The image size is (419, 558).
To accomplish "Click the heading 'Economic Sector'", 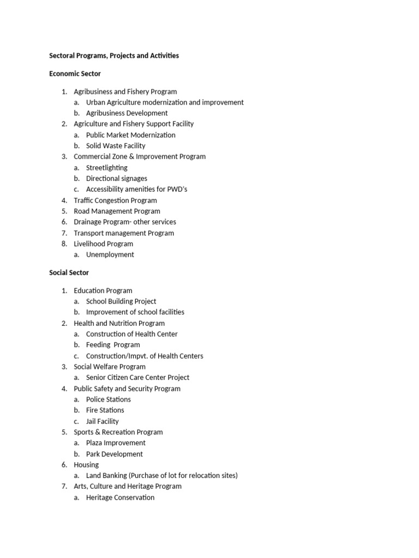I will pos(75,74).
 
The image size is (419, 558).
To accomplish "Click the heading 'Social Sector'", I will pos(69,272).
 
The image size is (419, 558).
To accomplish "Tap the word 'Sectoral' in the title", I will pos(63,56).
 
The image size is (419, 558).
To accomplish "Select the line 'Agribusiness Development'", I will pos(127,113).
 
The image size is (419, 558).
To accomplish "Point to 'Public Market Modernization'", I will pos(130,135).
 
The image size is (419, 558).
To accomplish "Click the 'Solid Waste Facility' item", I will pos(116,145).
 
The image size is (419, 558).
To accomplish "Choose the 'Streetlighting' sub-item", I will pos(106,167).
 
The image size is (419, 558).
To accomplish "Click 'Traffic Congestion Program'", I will pos(115,200).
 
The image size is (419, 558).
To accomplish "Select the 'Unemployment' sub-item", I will pos(110,254).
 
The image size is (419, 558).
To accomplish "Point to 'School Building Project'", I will pos(121,301).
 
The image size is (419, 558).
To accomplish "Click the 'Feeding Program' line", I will pos(113,344).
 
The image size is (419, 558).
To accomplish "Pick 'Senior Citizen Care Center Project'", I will pos(137,377).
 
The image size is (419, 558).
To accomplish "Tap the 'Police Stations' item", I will pos(109,399).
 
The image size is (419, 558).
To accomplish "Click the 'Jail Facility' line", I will pos(102,421).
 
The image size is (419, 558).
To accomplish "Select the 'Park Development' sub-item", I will pos(114,454).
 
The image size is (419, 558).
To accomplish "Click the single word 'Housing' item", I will pos(86,465).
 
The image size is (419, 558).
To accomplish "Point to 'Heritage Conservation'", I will pos(120,498).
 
